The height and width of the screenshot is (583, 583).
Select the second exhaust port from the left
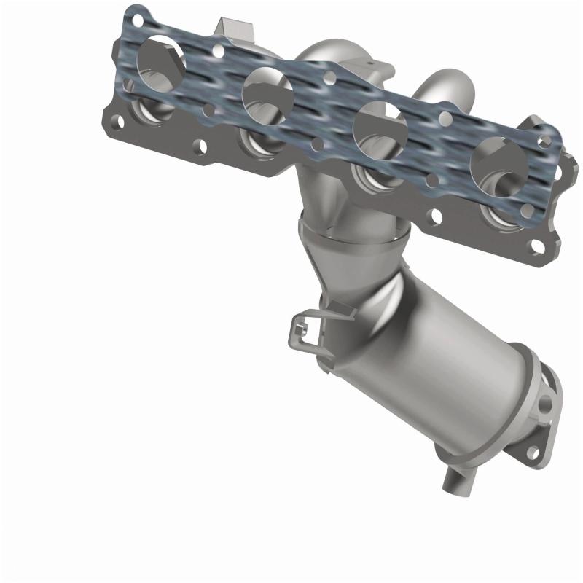coord(267,93)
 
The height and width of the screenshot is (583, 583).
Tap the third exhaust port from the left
coord(379,126)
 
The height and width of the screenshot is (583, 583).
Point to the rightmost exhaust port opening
coord(498,162)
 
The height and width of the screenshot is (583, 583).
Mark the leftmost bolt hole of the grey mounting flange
coord(114,117)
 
